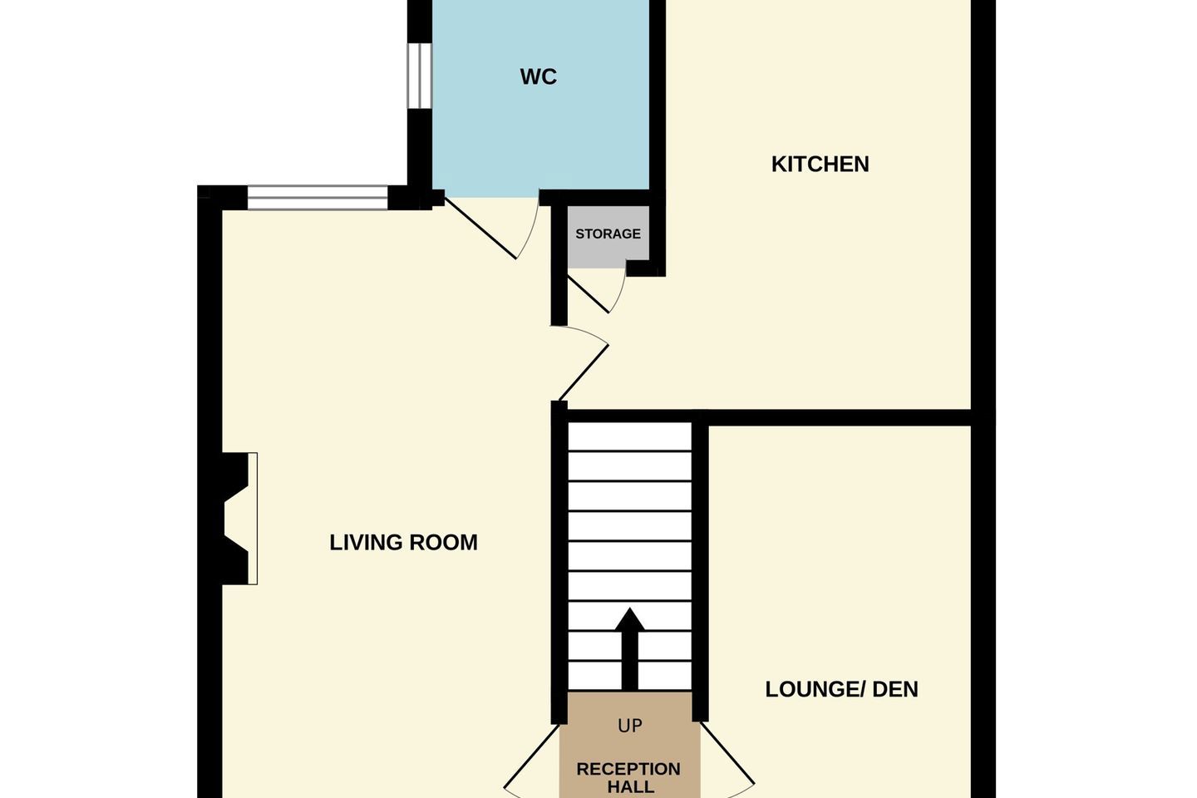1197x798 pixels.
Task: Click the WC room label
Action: click(x=538, y=77)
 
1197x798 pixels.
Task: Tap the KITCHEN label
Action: click(x=820, y=164)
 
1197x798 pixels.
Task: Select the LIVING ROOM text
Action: click(x=403, y=543)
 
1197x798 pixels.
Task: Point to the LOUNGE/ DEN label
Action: click(x=841, y=689)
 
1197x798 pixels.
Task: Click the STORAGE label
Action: click(x=608, y=234)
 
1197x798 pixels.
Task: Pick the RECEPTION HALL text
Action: click(x=629, y=778)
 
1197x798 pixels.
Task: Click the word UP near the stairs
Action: click(x=630, y=726)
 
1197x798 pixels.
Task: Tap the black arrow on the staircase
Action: click(x=629, y=649)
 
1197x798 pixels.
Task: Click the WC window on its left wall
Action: click(x=420, y=76)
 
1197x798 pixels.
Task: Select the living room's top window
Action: click(x=318, y=197)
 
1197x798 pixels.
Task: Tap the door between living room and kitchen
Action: click(x=584, y=372)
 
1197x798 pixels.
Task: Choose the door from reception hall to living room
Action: click(x=531, y=756)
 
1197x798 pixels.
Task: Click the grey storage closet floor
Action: click(x=608, y=237)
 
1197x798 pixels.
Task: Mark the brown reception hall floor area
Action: click(x=629, y=745)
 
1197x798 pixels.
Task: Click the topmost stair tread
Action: click(x=629, y=436)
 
